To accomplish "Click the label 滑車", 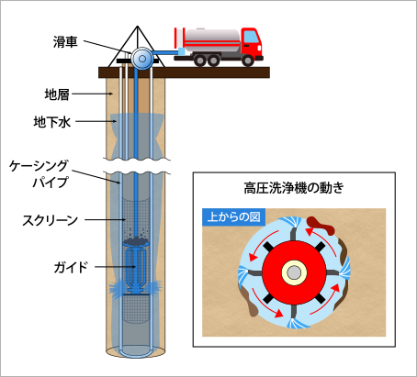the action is (x=65, y=42).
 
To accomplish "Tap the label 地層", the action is (x=57, y=94).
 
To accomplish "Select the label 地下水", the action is (x=52, y=122).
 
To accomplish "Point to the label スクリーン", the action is (x=50, y=220).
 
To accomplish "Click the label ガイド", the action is (x=71, y=267).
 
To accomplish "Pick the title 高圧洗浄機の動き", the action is (x=294, y=188).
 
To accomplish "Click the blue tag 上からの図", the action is (x=234, y=217).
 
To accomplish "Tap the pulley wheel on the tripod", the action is (x=142, y=59).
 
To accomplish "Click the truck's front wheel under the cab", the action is (x=247, y=61).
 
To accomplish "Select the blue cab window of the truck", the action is (x=252, y=37).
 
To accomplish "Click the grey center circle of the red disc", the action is (x=294, y=272).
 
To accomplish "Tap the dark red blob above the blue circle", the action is (x=320, y=226).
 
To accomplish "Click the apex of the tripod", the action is (x=138, y=27).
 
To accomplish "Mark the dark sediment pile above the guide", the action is (x=136, y=241).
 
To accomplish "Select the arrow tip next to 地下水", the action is (x=116, y=121).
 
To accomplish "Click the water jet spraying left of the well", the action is (x=116, y=288).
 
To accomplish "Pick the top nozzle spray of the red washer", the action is (x=290, y=222).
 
